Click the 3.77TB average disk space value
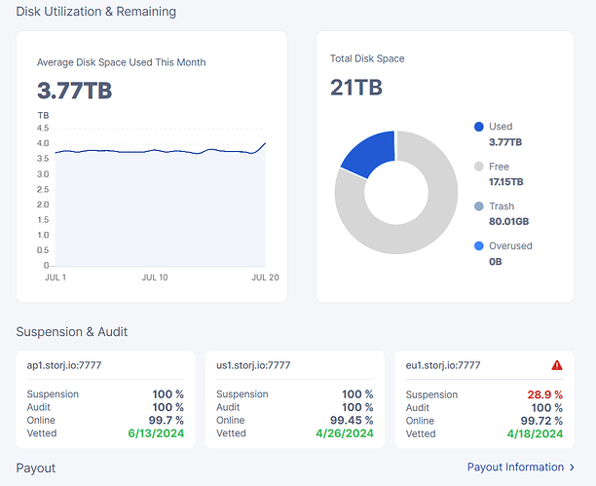(x=74, y=92)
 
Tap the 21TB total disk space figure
(x=356, y=89)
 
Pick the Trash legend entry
(x=501, y=206)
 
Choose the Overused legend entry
(x=510, y=246)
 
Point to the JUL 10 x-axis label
(x=156, y=278)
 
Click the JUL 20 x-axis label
(x=265, y=278)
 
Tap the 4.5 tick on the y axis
(x=43, y=128)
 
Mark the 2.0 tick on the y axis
(x=43, y=204)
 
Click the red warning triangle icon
(x=557, y=366)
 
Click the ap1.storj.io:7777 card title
(x=64, y=366)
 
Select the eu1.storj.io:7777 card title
(x=443, y=366)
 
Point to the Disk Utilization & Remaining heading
(x=96, y=12)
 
